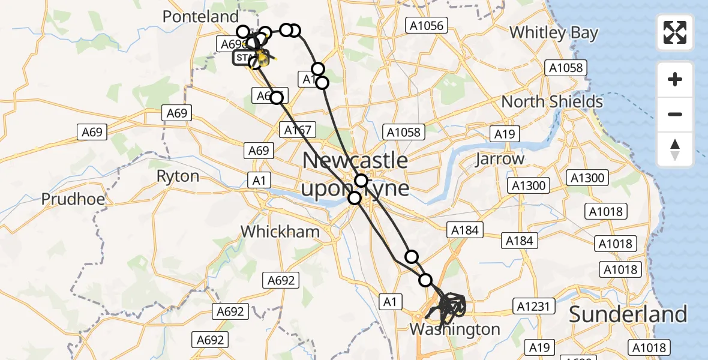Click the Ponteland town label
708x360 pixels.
click(x=200, y=17)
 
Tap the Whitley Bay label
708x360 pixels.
click(x=553, y=32)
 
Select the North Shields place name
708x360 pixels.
click(x=552, y=101)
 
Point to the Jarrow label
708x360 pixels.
click(x=499, y=159)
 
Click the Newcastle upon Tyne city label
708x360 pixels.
click(x=355, y=175)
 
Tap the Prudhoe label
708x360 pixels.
click(x=73, y=199)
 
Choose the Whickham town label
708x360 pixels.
click(x=274, y=231)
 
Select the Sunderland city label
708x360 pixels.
click(x=628, y=314)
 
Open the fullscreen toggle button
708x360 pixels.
click(x=675, y=32)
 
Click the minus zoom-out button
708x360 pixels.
click(x=675, y=114)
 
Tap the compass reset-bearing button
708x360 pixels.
click(x=675, y=149)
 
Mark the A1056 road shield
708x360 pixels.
click(x=426, y=25)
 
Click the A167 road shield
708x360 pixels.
click(x=298, y=130)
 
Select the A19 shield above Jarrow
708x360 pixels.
click(x=505, y=133)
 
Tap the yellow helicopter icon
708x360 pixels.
click(x=263, y=58)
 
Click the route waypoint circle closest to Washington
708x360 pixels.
click(x=425, y=280)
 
